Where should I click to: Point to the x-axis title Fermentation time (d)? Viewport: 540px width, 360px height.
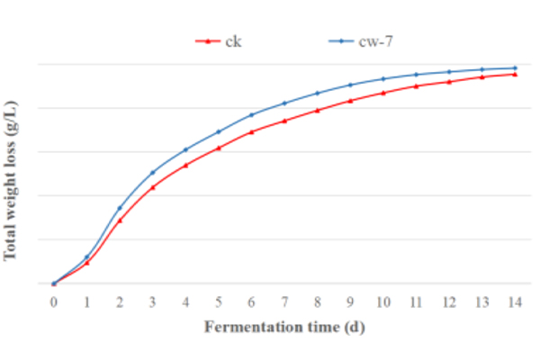(283, 326)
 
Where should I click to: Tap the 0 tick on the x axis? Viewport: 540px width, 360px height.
(54, 301)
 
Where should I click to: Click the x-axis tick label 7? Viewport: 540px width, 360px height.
(284, 301)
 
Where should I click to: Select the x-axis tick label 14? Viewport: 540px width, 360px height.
(514, 301)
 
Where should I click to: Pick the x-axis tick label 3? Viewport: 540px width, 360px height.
(153, 301)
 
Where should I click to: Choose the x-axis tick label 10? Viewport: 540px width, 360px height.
(382, 301)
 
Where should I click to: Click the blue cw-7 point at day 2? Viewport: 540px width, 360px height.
(120, 208)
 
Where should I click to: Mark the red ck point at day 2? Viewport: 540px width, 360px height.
(120, 220)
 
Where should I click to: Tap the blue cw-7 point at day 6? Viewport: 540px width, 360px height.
(251, 114)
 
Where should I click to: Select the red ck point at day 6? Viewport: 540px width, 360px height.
(251, 132)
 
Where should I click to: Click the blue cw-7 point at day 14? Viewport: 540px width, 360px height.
(514, 68)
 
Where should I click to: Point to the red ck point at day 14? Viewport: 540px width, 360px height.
(514, 74)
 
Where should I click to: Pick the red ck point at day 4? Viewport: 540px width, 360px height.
(185, 165)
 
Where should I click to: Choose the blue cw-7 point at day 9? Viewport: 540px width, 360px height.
(350, 85)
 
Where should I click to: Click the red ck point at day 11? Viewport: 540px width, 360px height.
(416, 85)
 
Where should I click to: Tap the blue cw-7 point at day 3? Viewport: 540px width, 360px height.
(153, 172)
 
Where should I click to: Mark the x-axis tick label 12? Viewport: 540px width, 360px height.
(448, 301)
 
